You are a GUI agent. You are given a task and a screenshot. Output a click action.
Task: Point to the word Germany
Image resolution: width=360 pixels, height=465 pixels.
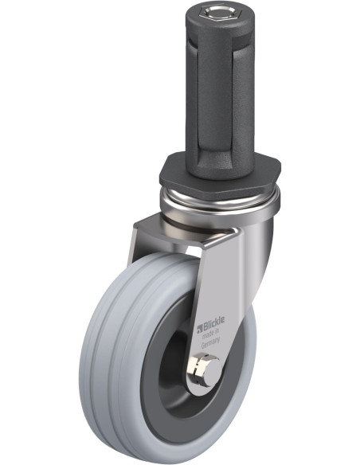click(x=210, y=342)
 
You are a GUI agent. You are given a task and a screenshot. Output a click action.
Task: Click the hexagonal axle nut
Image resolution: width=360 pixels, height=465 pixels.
click(x=197, y=368)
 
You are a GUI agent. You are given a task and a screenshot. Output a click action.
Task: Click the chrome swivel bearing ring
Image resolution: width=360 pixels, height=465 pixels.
click(x=220, y=199)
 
